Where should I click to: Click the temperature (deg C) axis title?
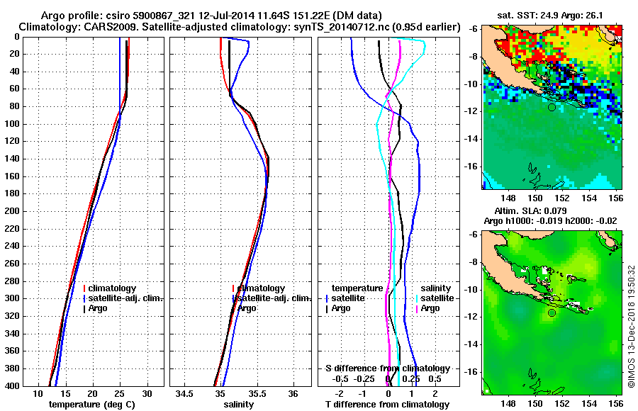91,404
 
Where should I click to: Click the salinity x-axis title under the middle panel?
238,404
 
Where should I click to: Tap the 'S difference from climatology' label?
388,368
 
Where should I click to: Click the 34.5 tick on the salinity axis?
186,393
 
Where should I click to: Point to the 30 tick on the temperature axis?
147,393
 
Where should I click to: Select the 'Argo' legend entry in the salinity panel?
247,308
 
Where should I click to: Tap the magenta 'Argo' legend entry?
430,308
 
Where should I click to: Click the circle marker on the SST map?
552,107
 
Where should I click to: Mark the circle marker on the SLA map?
552,313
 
